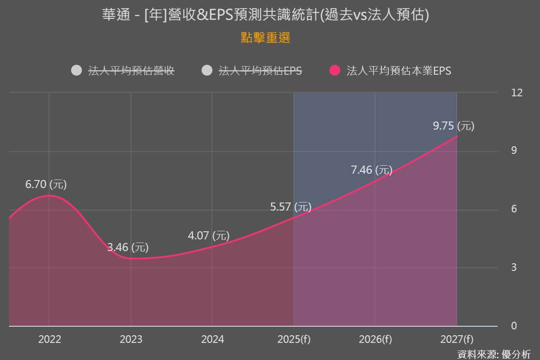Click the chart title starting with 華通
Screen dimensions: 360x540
click(265, 15)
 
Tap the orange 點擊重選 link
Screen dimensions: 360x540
click(265, 38)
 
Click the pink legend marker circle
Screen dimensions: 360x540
click(335, 71)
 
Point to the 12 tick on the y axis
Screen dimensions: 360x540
click(517, 93)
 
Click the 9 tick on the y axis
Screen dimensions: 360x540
click(514, 151)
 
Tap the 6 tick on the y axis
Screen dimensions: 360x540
click(514, 209)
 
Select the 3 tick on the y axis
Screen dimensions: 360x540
click(514, 267)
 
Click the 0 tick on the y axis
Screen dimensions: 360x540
click(514, 326)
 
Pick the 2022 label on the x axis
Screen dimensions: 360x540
click(49, 339)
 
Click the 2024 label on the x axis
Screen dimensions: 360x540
click(212, 339)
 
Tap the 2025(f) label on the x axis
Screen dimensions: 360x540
click(294, 339)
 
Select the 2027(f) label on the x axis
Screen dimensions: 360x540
click(457, 339)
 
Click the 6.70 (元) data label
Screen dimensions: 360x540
click(46, 184)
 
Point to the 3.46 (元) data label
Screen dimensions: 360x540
click(128, 247)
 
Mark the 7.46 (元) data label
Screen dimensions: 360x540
click(371, 170)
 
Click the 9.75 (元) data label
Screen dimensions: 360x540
click(454, 126)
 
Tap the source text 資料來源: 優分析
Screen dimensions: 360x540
click(494, 354)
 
